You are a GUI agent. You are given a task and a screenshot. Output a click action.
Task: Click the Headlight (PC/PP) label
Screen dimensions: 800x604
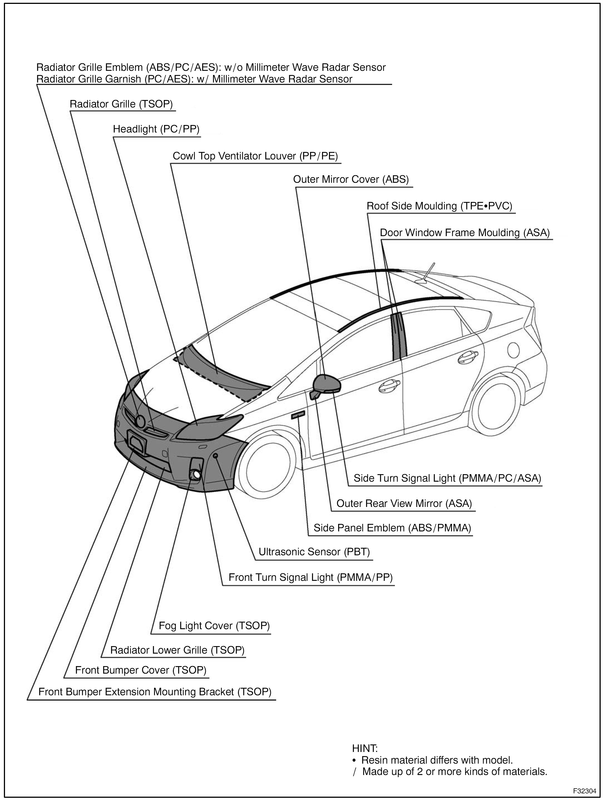[156, 129]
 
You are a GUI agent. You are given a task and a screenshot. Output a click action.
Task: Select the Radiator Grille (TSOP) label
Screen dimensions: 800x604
[121, 104]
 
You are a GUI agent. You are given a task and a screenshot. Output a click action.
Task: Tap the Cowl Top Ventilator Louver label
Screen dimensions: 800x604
[255, 156]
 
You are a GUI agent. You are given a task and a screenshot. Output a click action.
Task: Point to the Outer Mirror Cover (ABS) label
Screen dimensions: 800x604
[350, 179]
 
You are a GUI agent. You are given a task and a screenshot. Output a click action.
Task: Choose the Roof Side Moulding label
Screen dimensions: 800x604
[439, 206]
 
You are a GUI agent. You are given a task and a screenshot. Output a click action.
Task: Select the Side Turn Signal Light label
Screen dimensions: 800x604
[447, 478]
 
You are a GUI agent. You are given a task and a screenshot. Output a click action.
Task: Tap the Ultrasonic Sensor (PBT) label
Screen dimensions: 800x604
[314, 552]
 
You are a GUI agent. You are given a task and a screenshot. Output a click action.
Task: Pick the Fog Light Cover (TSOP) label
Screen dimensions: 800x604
[214, 626]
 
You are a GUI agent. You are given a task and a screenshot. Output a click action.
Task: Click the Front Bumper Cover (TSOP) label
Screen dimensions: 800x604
[140, 670]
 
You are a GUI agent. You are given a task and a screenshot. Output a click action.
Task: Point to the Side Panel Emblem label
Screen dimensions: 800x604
[392, 528]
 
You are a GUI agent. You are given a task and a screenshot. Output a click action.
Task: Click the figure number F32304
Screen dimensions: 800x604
[584, 791]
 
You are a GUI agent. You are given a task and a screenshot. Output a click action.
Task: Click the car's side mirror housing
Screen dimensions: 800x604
[327, 383]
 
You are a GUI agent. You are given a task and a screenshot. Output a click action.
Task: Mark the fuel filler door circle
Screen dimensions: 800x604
[513, 350]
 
